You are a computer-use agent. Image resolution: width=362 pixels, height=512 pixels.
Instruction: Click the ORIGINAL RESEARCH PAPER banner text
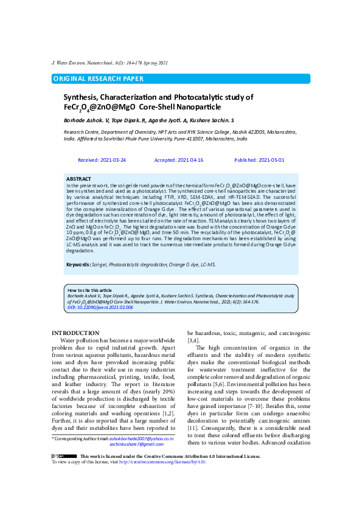pyautogui.click(x=99, y=78)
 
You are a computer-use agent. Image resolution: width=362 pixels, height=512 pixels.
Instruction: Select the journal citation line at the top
pyautogui.click(x=111, y=63)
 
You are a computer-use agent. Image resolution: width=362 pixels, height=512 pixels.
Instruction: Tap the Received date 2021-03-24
pyautogui.click(x=102, y=160)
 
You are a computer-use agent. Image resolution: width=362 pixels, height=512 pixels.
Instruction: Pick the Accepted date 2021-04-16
pyautogui.click(x=179, y=160)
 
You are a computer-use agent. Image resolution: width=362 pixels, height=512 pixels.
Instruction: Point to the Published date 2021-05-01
pyautogui.click(x=259, y=160)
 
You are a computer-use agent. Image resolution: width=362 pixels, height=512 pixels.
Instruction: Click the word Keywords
pyautogui.click(x=78, y=265)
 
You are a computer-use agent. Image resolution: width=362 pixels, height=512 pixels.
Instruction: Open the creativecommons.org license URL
pyautogui.click(x=164, y=462)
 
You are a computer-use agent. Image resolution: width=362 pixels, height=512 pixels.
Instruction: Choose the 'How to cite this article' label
pyautogui.click(x=90, y=291)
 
